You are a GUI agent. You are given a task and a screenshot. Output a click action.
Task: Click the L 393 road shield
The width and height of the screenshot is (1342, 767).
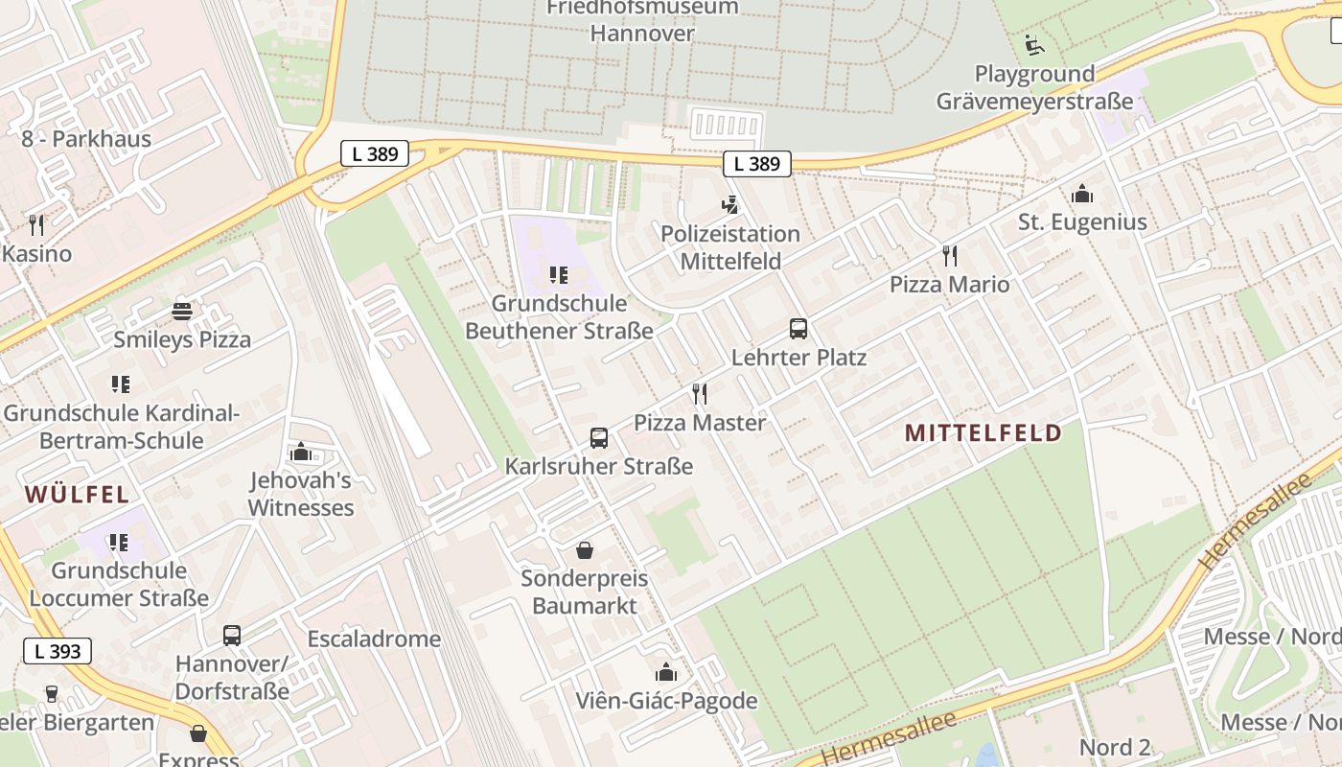coord(58,652)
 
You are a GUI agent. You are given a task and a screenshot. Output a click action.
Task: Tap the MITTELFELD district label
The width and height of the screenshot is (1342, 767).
coord(983,432)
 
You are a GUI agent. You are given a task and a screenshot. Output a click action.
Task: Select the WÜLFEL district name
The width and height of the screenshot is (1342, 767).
coord(77,495)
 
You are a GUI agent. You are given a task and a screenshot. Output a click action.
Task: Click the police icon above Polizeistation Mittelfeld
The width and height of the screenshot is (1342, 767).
coord(730,204)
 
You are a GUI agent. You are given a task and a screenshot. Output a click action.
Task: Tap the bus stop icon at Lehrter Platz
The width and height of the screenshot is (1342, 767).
coord(798,329)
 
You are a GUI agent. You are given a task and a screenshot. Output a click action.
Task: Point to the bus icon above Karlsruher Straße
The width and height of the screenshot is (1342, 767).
coord(599,438)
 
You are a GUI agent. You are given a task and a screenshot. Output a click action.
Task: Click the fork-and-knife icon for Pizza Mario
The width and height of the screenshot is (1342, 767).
coord(950,255)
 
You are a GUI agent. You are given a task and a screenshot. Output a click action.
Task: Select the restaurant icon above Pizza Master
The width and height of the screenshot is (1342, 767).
coord(700,393)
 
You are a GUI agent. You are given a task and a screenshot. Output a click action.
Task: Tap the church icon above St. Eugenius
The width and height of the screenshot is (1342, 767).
coord(1082,194)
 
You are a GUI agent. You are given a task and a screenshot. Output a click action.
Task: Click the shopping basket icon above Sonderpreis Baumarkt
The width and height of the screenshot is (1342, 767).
coord(584,550)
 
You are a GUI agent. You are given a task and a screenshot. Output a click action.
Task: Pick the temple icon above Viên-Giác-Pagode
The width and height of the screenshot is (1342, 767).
coord(665,672)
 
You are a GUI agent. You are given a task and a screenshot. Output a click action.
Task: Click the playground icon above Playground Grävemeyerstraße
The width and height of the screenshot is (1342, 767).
coord(1034,44)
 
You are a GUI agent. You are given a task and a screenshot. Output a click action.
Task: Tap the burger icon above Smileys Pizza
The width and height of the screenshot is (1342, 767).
coord(182,311)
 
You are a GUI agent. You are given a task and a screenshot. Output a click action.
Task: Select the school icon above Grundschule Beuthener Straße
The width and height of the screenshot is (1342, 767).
coord(559,276)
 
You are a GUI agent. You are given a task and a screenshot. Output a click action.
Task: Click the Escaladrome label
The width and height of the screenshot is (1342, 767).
coord(374,639)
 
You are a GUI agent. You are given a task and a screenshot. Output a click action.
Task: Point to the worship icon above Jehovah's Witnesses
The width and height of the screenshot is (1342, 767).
coord(301,452)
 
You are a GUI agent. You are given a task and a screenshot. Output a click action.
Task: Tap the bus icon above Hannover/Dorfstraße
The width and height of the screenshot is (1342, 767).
coord(232,635)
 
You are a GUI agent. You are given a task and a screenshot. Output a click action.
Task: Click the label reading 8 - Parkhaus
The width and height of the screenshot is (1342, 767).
coord(86,139)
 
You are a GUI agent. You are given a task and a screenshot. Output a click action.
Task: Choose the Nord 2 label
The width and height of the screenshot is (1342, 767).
coord(1115,747)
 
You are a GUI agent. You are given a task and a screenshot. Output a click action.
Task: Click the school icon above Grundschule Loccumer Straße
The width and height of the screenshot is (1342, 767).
coord(119,543)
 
